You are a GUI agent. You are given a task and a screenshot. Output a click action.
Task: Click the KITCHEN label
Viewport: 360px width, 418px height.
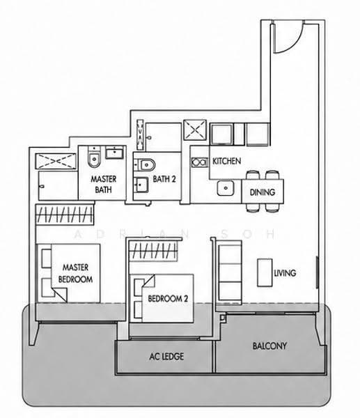click(226, 161)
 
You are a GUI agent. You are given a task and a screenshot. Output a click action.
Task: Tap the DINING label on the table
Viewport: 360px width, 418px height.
click(263, 192)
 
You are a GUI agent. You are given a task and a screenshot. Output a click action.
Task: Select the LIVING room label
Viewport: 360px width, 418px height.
click(285, 272)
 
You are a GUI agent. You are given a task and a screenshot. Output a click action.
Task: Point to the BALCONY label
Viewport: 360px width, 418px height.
click(269, 346)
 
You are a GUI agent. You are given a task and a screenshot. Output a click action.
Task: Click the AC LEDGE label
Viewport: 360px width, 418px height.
click(166, 356)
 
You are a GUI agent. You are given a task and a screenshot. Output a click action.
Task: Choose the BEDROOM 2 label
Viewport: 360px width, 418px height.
click(168, 298)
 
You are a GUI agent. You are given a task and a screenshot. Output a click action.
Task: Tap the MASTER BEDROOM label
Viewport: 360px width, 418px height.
click(75, 273)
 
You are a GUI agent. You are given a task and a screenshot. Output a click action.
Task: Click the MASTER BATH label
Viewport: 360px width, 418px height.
click(103, 184)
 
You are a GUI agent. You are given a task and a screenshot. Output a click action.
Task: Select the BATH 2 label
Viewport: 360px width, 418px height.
click(164, 179)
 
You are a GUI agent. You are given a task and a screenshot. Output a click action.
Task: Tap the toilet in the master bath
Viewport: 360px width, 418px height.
click(94, 157)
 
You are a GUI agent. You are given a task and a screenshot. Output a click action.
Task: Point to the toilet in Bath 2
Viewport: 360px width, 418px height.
click(144, 164)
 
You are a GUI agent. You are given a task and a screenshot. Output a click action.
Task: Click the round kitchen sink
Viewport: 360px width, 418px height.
click(226, 188)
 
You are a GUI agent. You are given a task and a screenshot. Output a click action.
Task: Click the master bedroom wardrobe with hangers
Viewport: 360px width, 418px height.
click(65, 215)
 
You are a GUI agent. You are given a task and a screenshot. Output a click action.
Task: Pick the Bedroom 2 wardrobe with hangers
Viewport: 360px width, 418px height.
click(153, 251)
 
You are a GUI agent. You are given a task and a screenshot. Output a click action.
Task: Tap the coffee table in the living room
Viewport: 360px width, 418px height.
click(265, 272)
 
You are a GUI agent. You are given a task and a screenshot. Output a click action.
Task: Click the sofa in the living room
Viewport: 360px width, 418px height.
click(229, 272)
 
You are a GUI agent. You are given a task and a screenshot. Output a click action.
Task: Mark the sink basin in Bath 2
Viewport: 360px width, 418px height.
click(141, 185)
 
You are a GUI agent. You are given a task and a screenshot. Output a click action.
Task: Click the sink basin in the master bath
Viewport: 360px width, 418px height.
click(114, 153)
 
